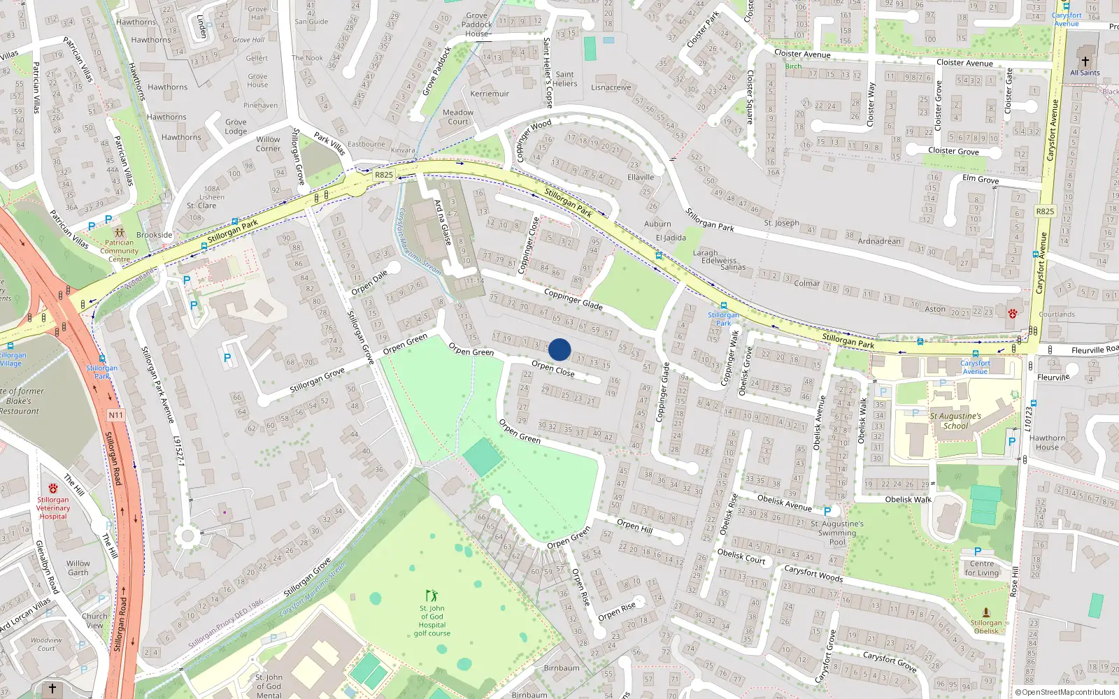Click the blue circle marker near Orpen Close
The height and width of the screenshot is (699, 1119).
559,349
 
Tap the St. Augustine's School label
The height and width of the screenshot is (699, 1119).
955,420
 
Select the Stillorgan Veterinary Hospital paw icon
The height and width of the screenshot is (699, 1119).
53,489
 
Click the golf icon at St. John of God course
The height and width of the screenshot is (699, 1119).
432,596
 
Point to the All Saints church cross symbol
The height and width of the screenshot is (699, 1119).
1085,62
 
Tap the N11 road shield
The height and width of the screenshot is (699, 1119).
115,415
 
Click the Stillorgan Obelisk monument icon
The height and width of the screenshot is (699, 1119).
986,612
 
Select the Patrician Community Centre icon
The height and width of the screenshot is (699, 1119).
119,232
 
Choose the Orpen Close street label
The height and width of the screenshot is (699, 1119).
553,369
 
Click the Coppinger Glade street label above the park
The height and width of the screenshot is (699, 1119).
573,299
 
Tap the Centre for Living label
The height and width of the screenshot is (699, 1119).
982,568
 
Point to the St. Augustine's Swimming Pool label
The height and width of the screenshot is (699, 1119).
837,533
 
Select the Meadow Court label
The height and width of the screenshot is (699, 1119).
458,117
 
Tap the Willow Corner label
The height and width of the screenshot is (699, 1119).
268,144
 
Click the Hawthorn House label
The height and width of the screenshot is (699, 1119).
1047,442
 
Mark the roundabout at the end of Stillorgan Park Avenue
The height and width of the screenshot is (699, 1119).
186,537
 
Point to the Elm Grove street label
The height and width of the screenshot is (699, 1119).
981,179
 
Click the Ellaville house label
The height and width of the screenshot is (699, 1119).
641,177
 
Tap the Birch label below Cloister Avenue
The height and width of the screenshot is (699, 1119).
793,66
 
